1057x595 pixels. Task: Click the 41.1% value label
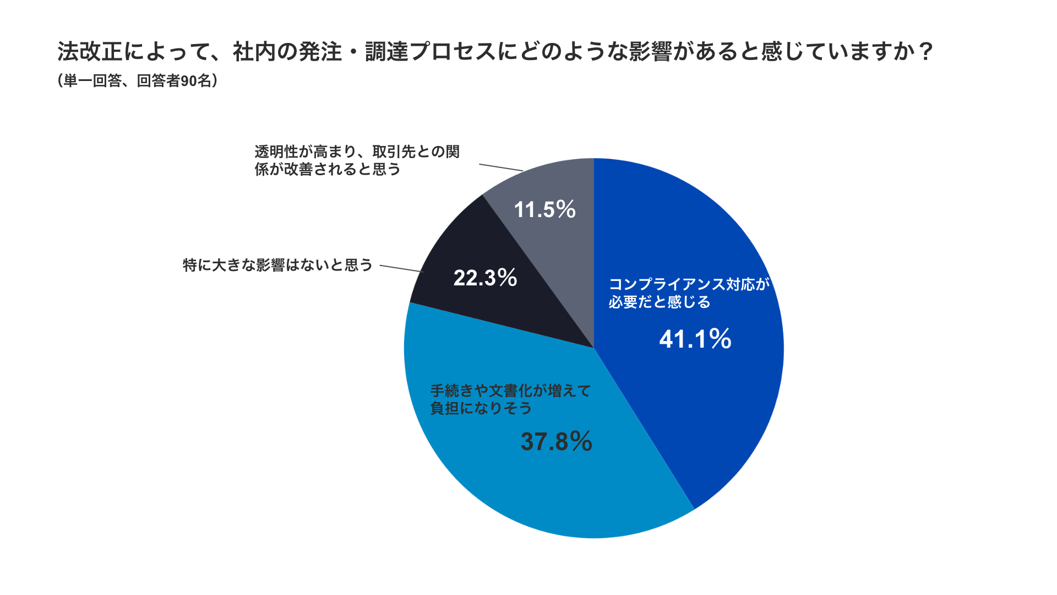(x=695, y=339)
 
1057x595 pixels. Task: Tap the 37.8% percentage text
(x=556, y=442)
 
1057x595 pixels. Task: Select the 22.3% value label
(x=485, y=278)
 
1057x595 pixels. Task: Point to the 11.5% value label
(x=544, y=209)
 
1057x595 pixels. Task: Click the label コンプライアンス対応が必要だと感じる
(x=688, y=293)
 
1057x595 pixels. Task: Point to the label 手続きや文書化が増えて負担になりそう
(x=510, y=399)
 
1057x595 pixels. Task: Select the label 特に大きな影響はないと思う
(x=278, y=266)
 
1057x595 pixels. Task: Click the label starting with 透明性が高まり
(x=357, y=160)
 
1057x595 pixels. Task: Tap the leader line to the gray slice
(x=501, y=167)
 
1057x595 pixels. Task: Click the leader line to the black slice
(x=401, y=268)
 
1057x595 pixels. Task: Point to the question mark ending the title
(x=927, y=52)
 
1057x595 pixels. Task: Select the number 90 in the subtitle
(x=189, y=81)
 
